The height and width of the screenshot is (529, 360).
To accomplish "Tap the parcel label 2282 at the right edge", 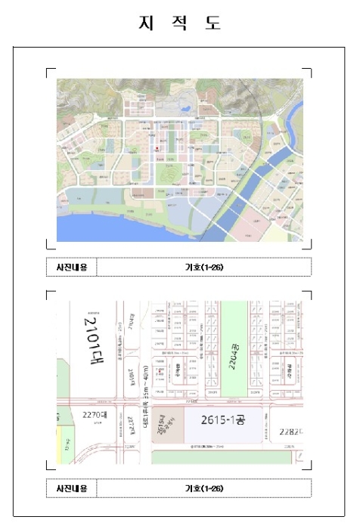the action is tap(290, 430).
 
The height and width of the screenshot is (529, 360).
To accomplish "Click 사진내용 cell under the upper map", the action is tap(72, 268).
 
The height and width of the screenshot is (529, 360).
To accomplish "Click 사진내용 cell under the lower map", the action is tap(72, 488).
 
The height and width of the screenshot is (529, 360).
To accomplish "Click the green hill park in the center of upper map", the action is tap(167, 176).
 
